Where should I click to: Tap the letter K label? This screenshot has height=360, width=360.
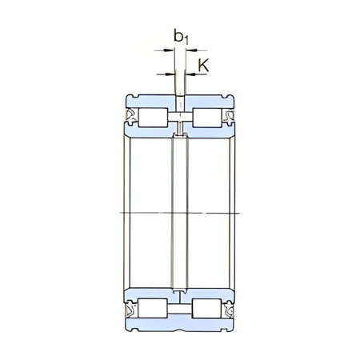point(203,66)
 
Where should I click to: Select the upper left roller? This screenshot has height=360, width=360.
point(153,118)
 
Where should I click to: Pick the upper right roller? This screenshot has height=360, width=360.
point(206,118)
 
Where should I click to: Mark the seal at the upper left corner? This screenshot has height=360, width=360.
point(128,118)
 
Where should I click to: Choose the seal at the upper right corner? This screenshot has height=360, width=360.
point(231,118)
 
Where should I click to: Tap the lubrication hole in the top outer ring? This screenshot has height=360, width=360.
point(180,102)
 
